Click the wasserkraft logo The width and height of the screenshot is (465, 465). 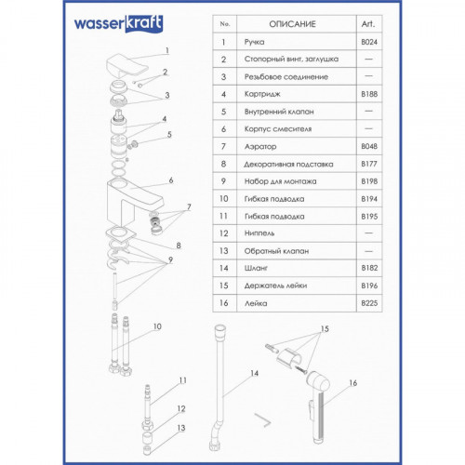pyautogui.click(x=118, y=23)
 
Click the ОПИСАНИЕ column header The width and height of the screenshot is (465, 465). pyautogui.click(x=292, y=24)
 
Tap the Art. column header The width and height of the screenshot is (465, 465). pyautogui.click(x=368, y=24)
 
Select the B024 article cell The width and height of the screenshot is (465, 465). pyautogui.click(x=369, y=42)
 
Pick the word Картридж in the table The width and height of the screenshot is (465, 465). pyautogui.click(x=262, y=94)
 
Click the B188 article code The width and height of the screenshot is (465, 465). pyautogui.click(x=369, y=94)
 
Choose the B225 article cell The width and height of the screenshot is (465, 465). pyautogui.click(x=369, y=303)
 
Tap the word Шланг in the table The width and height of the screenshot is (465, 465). pyautogui.click(x=256, y=268)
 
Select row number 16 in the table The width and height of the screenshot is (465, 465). pyautogui.click(x=224, y=303)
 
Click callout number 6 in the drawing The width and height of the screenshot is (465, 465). pyautogui.click(x=171, y=180)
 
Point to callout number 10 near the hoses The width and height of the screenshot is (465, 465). pyautogui.click(x=157, y=326)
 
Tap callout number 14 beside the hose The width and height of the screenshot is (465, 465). pyautogui.click(x=254, y=373)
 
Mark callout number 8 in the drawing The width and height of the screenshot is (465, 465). pyautogui.click(x=179, y=246)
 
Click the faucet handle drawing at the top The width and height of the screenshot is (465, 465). pyautogui.click(x=126, y=66)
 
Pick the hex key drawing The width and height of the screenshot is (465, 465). pyautogui.click(x=263, y=419)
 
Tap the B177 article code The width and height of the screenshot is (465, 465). pyautogui.click(x=369, y=164)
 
